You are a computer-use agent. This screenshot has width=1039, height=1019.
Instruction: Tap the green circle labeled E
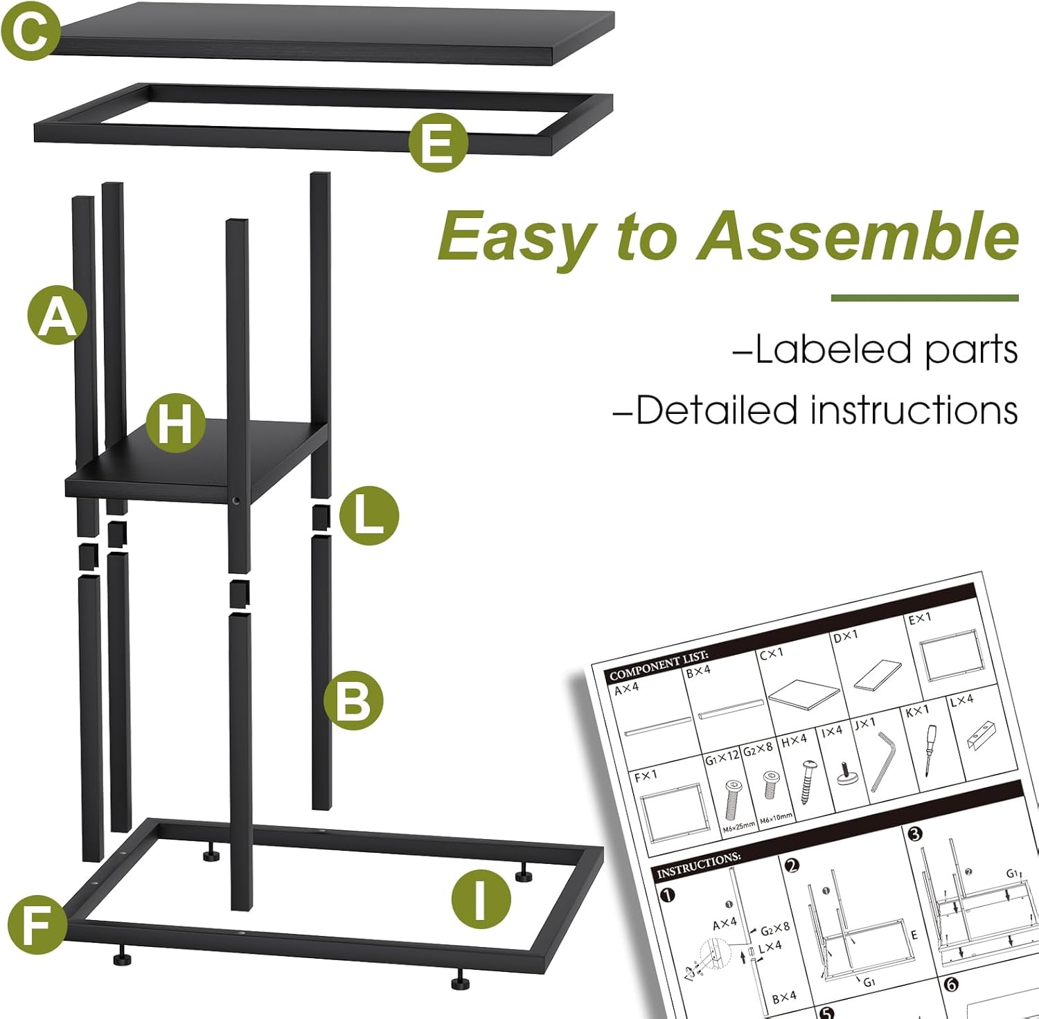pyautogui.click(x=437, y=143)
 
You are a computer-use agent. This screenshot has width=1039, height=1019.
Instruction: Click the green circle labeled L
pyautogui.click(x=369, y=516)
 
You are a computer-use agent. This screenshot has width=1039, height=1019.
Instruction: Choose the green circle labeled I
pyautogui.click(x=481, y=899)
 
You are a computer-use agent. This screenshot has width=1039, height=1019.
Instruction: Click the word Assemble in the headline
pyautogui.click(x=858, y=236)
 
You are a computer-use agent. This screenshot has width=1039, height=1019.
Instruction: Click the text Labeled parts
pyautogui.click(x=876, y=349)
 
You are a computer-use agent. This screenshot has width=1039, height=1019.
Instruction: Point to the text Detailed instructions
pyautogui.click(x=816, y=410)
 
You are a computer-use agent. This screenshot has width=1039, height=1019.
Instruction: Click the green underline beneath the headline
pyautogui.click(x=924, y=298)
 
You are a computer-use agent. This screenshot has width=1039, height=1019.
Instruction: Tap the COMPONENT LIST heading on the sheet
pyautogui.click(x=658, y=665)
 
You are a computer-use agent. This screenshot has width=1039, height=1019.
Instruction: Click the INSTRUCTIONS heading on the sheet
pyautogui.click(x=698, y=864)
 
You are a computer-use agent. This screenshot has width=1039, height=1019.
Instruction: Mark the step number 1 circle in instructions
pyautogui.click(x=667, y=895)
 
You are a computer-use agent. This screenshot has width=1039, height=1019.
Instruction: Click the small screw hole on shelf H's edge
pyautogui.click(x=236, y=500)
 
